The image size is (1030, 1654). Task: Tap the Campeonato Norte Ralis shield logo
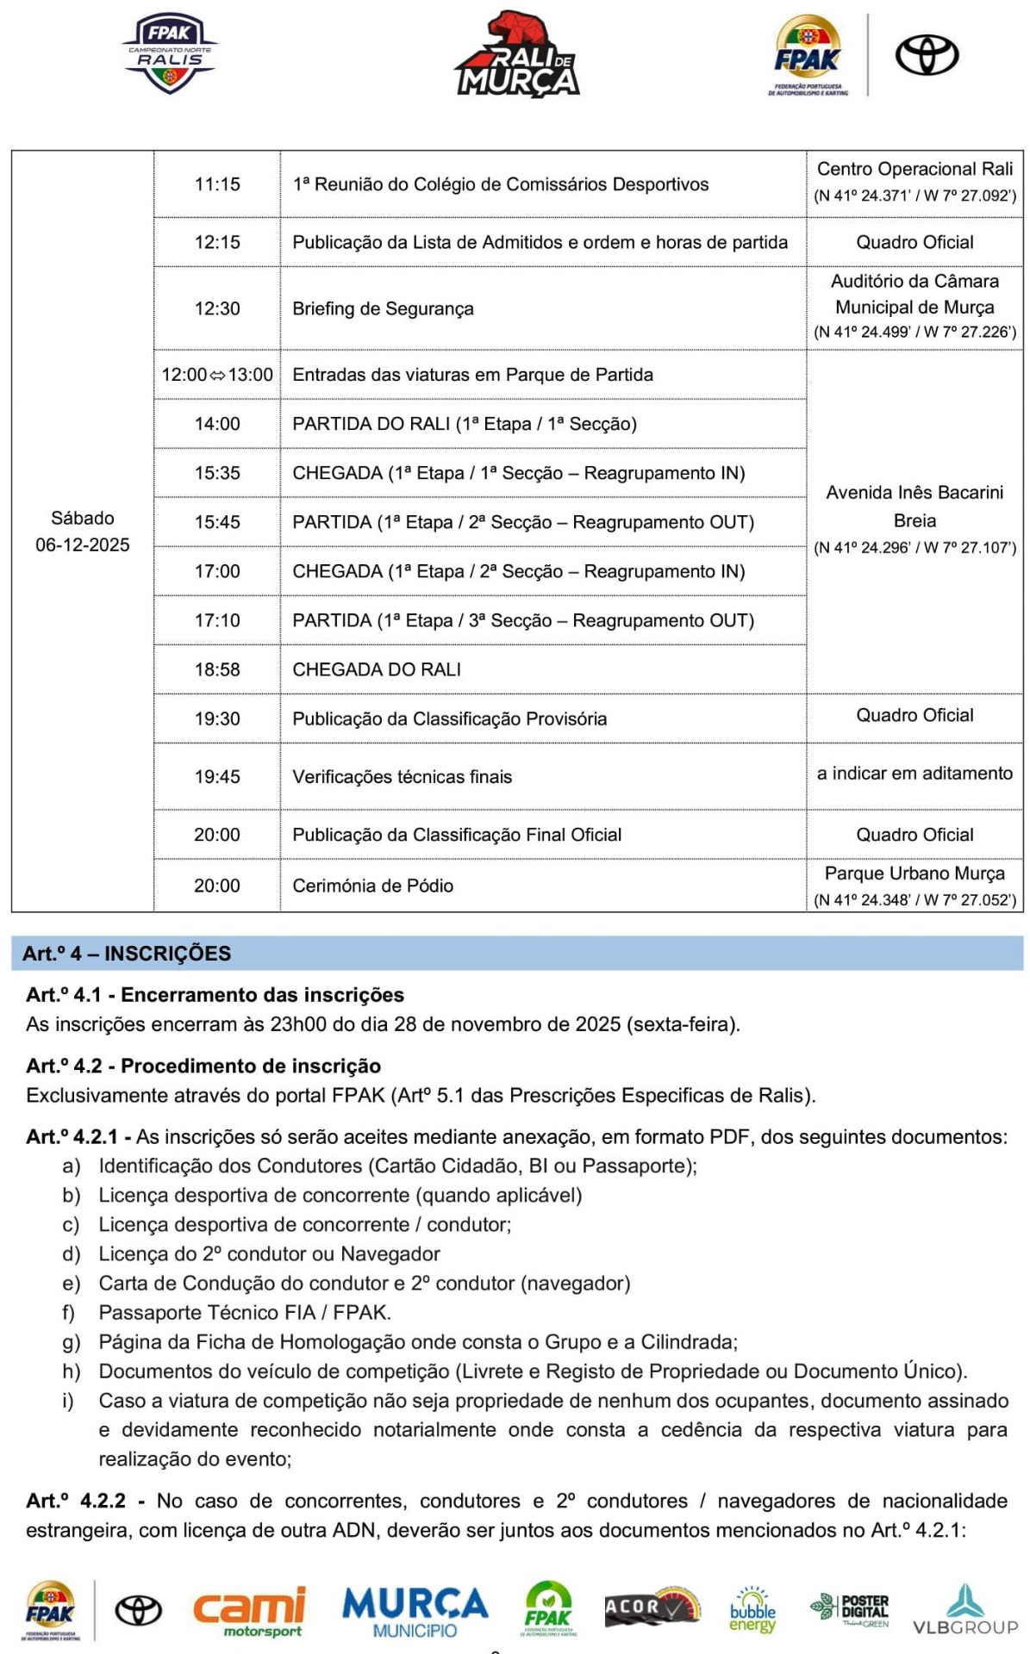170,53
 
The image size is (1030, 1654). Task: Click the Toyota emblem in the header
927,55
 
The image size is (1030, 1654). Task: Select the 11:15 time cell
217,184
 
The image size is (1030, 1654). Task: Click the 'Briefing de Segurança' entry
383,308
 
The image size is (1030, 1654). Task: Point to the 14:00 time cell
217,424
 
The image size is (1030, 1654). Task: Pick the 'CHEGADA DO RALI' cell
377,669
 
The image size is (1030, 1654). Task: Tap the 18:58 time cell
217,669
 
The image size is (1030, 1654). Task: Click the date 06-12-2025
83,544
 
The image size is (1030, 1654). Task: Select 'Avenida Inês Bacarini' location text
915,493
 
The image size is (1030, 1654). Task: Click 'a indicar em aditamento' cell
915,774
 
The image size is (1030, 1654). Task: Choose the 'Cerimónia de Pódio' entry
372,886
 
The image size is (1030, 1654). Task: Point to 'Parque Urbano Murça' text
915,874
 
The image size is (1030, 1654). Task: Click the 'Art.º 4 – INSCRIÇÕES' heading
127,954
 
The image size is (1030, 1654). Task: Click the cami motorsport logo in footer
250,1610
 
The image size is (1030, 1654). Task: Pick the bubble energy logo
752,1610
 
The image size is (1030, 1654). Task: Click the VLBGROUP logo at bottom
965,1610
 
